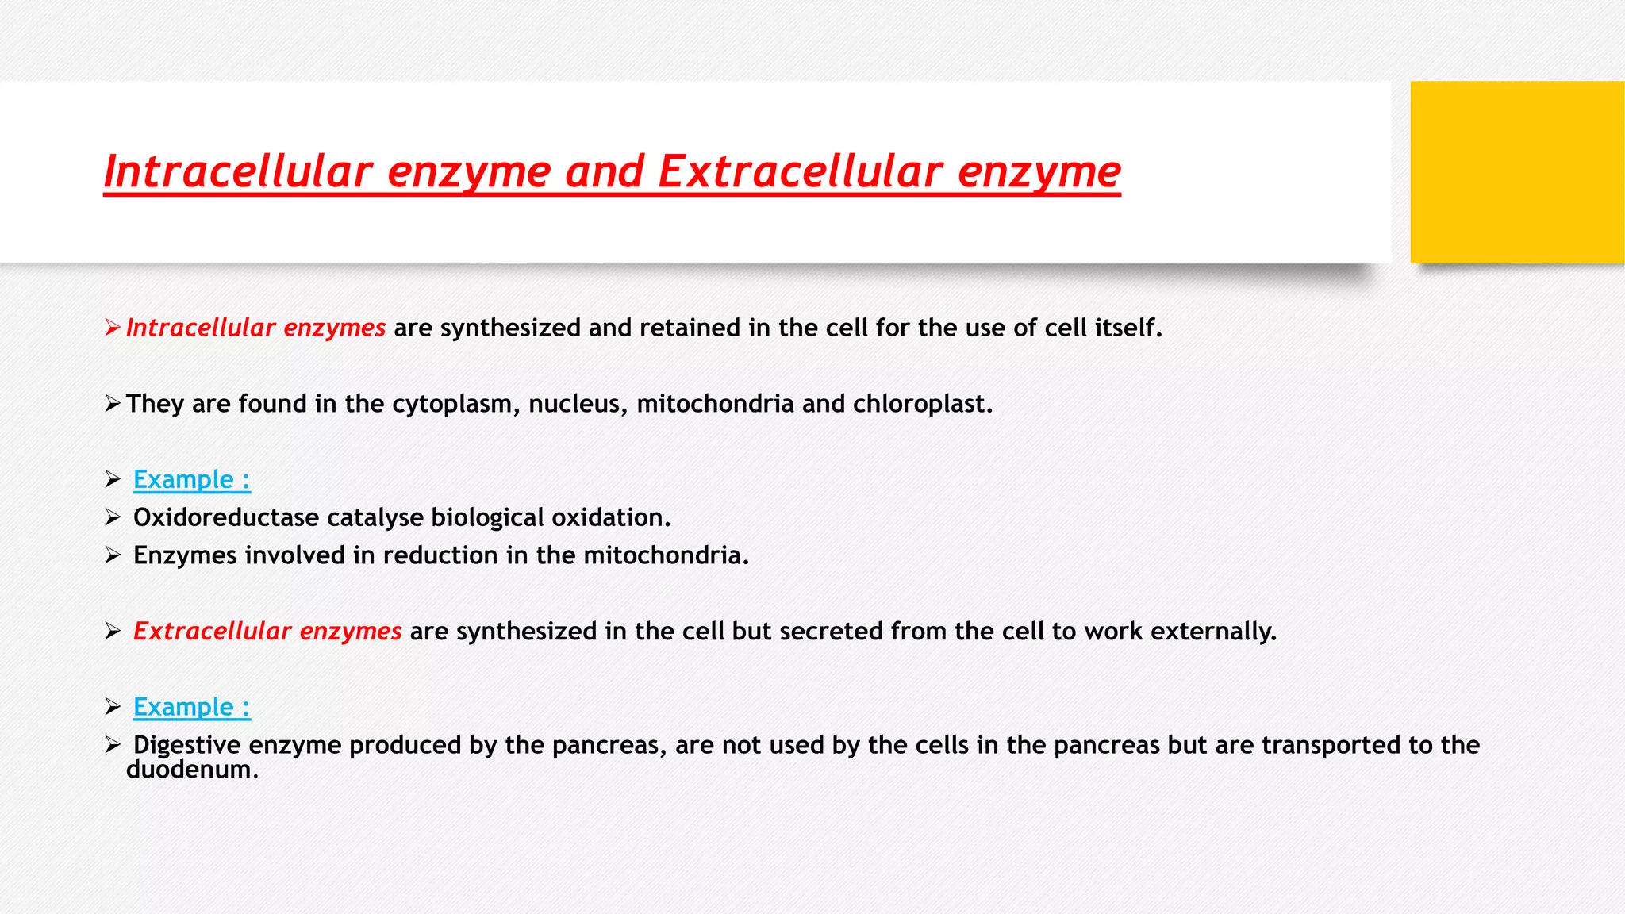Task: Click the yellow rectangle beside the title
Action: point(1517,172)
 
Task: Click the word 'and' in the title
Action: point(603,171)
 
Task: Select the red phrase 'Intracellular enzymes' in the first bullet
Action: point(255,328)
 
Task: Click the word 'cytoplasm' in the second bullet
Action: point(456,404)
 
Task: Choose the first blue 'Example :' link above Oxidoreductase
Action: point(191,480)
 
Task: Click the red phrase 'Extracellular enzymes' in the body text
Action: point(267,632)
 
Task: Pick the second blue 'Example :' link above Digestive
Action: point(191,708)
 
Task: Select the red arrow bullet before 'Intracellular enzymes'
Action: point(112,328)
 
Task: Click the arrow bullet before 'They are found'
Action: point(112,404)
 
